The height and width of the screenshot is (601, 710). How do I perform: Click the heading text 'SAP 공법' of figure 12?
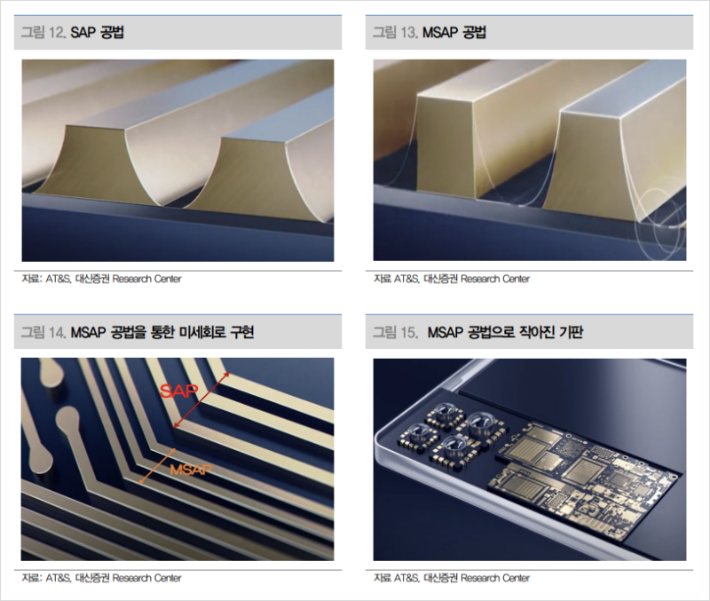pyautogui.click(x=98, y=33)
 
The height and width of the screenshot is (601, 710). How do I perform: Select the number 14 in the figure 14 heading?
pyautogui.click(x=58, y=332)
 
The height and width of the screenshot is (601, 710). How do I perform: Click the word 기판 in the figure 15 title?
pyautogui.click(x=571, y=332)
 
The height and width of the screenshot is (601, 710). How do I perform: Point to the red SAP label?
pyautogui.click(x=179, y=391)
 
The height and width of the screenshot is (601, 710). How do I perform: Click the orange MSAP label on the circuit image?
pyautogui.click(x=191, y=470)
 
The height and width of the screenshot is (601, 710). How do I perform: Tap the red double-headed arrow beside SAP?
pyautogui.click(x=201, y=399)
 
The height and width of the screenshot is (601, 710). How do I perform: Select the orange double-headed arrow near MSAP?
pyautogui.click(x=158, y=465)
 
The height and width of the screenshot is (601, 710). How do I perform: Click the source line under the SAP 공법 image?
pyautogui.click(x=101, y=279)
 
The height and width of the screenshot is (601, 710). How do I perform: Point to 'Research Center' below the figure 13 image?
pyautogui.click(x=495, y=279)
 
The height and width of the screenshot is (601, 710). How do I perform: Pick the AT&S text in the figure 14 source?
pyautogui.click(x=58, y=578)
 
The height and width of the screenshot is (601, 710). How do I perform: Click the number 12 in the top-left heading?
pyautogui.click(x=58, y=33)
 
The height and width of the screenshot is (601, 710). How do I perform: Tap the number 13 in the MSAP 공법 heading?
pyautogui.click(x=409, y=33)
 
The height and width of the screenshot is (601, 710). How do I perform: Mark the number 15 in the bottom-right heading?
pyautogui.click(x=409, y=332)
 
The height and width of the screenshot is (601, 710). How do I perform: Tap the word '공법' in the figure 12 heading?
pyautogui.click(x=111, y=33)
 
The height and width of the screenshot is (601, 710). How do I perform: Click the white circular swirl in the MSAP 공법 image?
pyautogui.click(x=659, y=225)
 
